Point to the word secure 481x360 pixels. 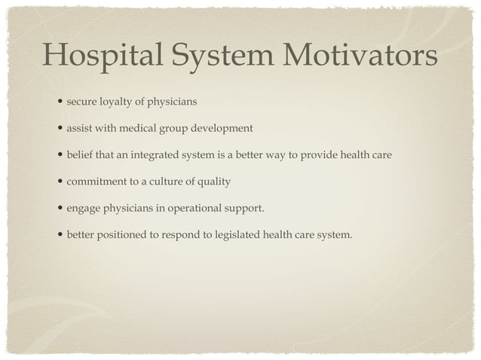click(x=81, y=101)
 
